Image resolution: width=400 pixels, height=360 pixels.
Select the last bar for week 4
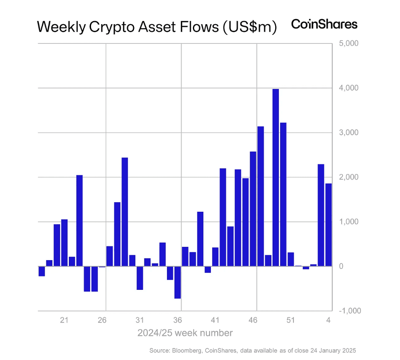[329, 225]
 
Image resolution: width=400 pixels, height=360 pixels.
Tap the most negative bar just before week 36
[177, 282]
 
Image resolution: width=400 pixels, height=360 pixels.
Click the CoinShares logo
[324, 24]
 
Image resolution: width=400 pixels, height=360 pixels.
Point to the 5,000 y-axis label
[348, 43]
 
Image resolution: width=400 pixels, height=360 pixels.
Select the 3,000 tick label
[348, 133]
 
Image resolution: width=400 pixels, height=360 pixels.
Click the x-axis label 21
[64, 320]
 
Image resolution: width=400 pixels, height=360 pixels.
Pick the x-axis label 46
[253, 320]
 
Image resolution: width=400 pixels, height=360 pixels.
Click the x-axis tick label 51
[290, 320]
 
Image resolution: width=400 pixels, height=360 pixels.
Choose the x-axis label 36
[177, 320]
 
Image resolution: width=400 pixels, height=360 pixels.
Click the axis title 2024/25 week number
[185, 333]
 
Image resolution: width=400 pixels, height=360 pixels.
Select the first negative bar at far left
[42, 271]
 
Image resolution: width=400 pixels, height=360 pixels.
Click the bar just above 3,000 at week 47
[261, 196]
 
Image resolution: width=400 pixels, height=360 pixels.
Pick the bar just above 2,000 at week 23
[79, 221]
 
